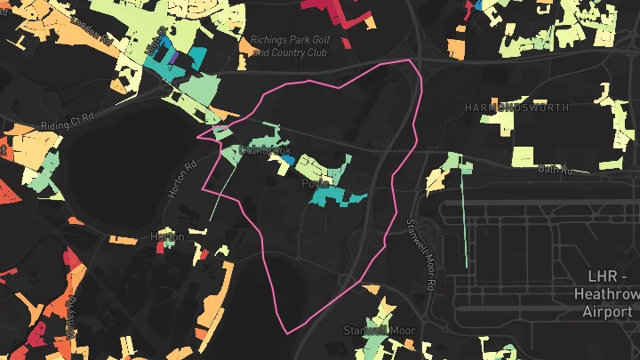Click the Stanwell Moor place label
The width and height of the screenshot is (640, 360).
(380, 330)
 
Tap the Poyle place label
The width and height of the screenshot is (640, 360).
(312, 184)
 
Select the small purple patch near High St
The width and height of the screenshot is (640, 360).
(175, 59)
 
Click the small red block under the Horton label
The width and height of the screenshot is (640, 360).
(161, 248)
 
